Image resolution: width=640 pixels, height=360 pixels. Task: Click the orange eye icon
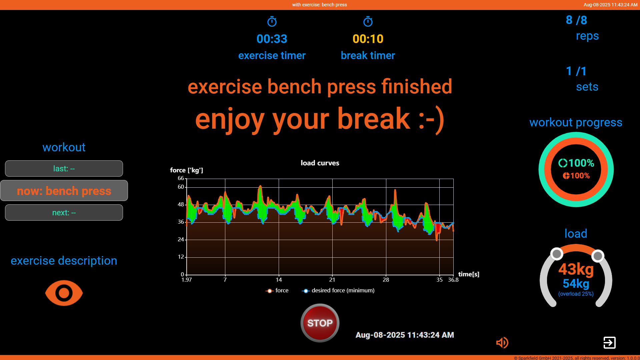pos(64,293)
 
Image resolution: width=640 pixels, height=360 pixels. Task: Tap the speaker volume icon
pos(502,342)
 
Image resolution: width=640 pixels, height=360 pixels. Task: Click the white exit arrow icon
pos(609,342)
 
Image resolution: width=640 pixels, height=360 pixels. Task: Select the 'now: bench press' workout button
pos(64,191)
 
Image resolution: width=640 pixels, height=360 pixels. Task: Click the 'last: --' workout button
pos(64,169)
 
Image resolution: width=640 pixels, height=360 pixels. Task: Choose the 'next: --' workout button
pos(64,213)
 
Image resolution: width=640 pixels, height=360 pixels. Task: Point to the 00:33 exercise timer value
pos(272,39)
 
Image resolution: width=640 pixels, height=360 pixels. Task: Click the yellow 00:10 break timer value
pos(368,39)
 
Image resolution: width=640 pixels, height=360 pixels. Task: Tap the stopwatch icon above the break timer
pos(368,22)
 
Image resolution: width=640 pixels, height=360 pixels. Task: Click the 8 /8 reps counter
pos(576,20)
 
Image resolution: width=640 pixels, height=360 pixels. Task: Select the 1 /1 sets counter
pos(576,71)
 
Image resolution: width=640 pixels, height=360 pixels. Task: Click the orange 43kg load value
pos(576,269)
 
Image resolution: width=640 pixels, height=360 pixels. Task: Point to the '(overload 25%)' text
pos(576,294)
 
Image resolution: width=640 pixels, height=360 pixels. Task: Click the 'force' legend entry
pos(277,291)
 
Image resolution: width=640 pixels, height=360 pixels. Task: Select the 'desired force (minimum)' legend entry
pos(339,291)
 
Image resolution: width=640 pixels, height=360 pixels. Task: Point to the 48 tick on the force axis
pos(181,204)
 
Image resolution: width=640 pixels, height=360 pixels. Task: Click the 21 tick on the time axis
pos(332,280)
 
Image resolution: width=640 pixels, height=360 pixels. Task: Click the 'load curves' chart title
pos(320,163)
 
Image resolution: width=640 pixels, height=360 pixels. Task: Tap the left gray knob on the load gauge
pos(557,254)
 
